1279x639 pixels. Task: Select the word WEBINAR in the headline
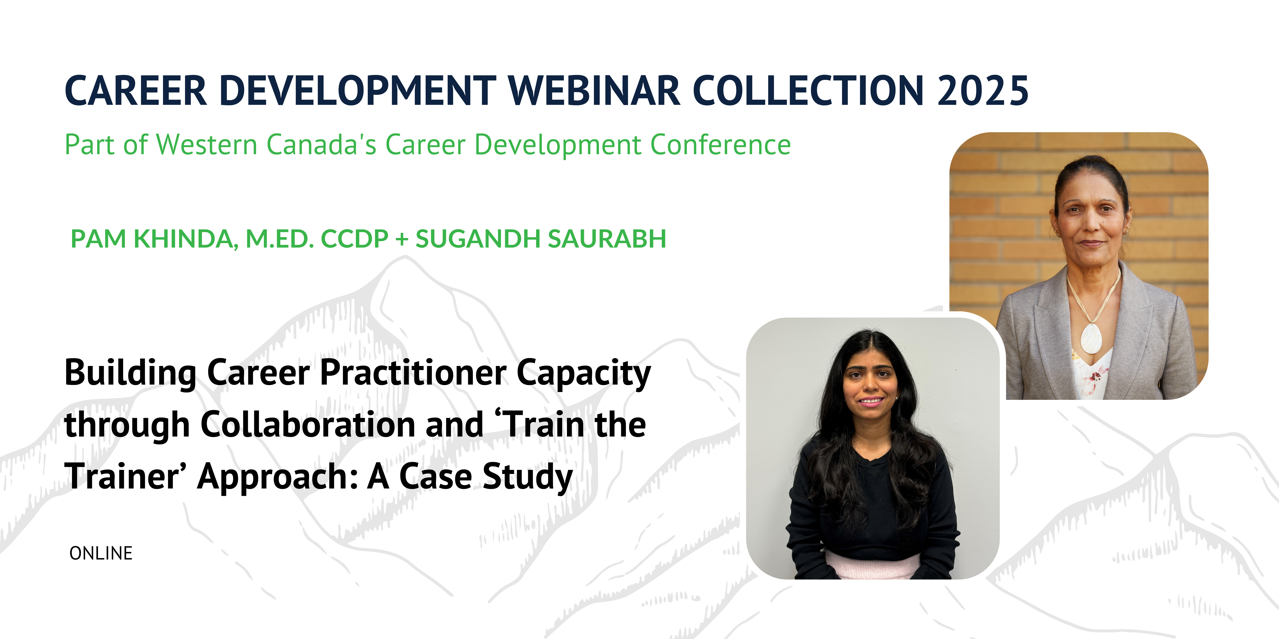(594, 91)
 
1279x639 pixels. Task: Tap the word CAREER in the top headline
(136, 91)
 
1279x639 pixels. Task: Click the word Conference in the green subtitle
(720, 145)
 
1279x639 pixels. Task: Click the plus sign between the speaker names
(402, 239)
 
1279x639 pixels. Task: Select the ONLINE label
(101, 553)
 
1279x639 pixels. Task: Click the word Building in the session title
(131, 373)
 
